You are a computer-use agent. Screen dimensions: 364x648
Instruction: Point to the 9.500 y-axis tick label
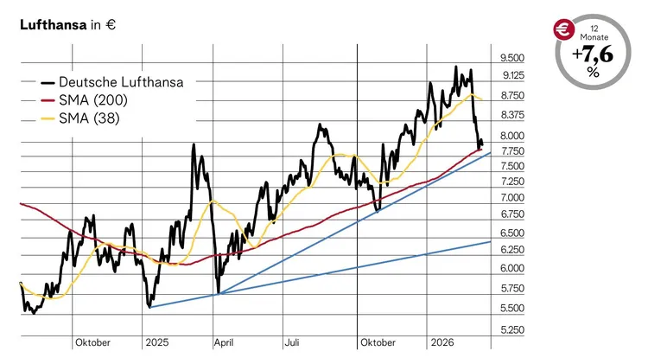pyautogui.click(x=511, y=58)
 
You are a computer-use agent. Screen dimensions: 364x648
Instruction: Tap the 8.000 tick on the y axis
pyautogui.click(x=511, y=136)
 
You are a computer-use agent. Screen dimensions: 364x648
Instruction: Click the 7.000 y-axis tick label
pyautogui.click(x=511, y=198)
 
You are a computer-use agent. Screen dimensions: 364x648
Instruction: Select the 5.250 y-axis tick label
pyautogui.click(x=511, y=329)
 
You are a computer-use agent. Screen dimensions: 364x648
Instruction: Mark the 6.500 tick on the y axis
pyautogui.click(x=511, y=233)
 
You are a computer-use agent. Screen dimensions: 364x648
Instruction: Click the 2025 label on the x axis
pyautogui.click(x=157, y=342)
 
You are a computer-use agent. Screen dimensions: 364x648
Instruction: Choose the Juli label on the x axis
pyautogui.click(x=292, y=342)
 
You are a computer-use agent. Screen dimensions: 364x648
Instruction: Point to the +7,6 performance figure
pyautogui.click(x=593, y=55)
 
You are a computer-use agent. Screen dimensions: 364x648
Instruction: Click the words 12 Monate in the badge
pyautogui.click(x=594, y=34)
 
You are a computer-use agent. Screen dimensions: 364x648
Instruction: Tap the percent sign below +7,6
pyautogui.click(x=594, y=73)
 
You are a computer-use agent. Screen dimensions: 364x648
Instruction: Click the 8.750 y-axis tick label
pyautogui.click(x=511, y=97)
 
